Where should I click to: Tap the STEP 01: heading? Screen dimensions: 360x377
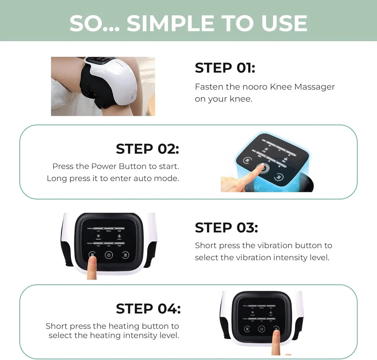[x=225, y=68]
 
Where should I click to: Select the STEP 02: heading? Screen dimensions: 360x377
[x=147, y=149]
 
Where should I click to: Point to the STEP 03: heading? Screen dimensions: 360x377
[x=226, y=227]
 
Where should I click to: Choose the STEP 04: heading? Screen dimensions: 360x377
[x=148, y=308]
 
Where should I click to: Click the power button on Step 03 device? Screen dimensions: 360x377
[x=109, y=255]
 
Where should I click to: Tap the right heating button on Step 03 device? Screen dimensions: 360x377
[x=126, y=255]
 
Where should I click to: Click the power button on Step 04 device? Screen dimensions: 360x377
[x=261, y=329]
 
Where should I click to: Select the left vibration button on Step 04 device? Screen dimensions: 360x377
[x=247, y=329]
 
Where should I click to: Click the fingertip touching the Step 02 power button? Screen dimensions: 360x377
[x=260, y=168]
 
